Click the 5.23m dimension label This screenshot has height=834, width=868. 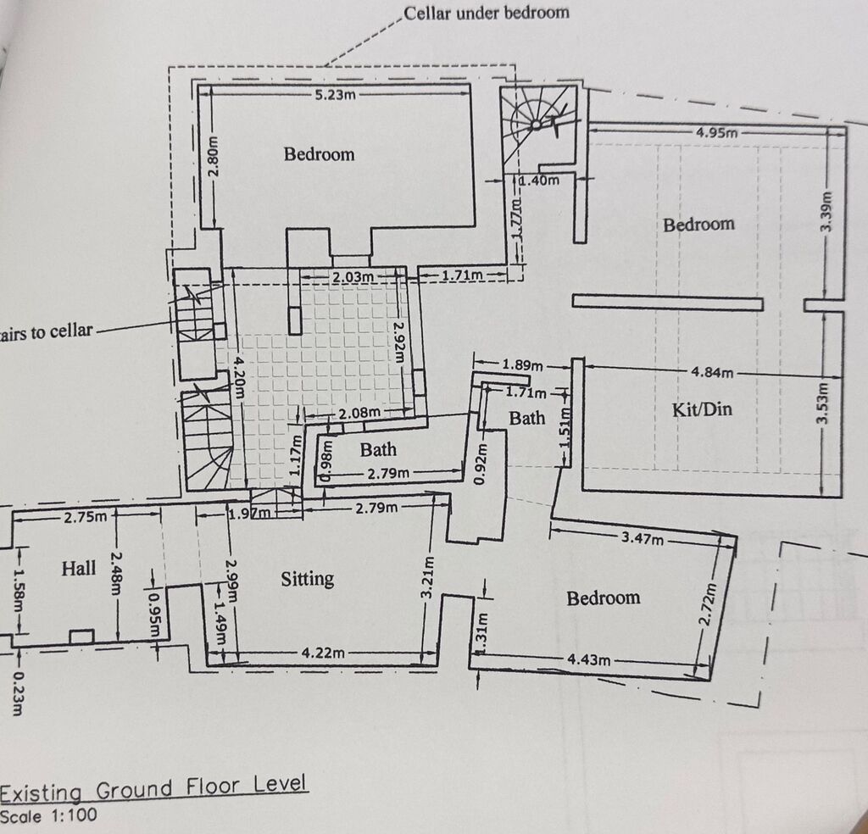(336, 95)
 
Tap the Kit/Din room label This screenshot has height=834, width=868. (702, 409)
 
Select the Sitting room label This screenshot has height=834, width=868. (307, 580)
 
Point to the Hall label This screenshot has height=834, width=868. (79, 569)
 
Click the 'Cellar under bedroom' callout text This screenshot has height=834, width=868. (486, 13)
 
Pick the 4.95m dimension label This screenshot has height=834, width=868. (717, 133)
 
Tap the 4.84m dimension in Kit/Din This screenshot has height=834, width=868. (712, 372)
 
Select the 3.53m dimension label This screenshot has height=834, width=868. (823, 403)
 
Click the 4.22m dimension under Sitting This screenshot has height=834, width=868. (323, 653)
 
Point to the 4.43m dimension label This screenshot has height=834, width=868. (589, 659)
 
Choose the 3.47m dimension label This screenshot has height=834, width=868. (643, 537)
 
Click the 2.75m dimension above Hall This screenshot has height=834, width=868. (86, 518)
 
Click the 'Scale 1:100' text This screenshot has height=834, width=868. (48, 815)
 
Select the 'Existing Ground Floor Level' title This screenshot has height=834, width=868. (153, 788)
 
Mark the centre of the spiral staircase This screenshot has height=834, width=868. (536, 125)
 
